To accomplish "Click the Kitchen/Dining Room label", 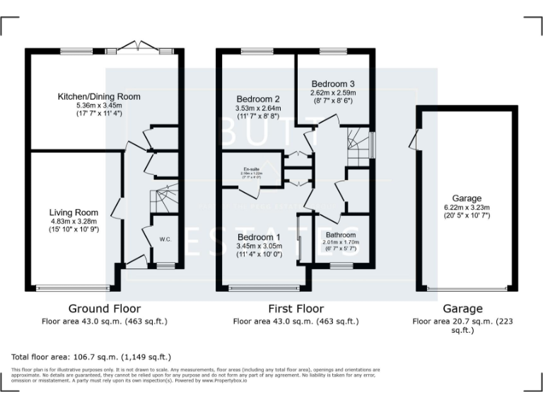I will coord(99,96).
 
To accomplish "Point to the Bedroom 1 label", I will coord(259,237).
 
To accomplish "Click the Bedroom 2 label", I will coord(258,98).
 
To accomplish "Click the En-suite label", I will coord(250,169).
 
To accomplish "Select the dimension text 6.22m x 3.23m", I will coord(467,207).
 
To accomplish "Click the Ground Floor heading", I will coord(104,309).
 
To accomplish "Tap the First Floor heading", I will coord(296,309).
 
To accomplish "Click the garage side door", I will coord(413,138).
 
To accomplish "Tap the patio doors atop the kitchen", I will coord(138,49).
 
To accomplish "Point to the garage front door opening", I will coord(467,288).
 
